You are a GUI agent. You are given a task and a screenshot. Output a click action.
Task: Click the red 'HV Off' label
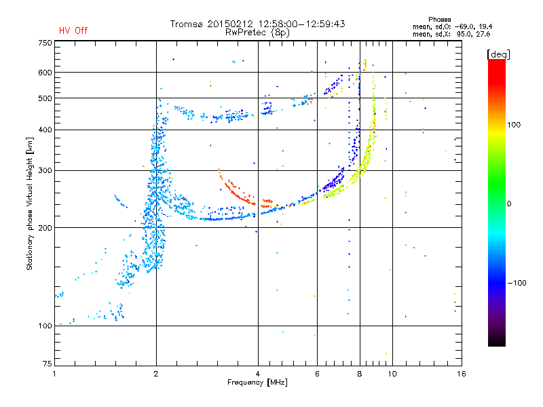click(73, 31)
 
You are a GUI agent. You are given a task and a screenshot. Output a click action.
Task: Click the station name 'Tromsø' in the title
click(187, 24)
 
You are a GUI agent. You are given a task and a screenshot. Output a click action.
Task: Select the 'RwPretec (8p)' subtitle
click(257, 33)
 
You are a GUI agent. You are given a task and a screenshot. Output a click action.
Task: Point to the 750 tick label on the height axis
click(45, 43)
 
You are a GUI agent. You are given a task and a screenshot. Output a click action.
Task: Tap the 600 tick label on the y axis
click(45, 73)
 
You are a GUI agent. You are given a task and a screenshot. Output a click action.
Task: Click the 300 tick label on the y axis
click(45, 170)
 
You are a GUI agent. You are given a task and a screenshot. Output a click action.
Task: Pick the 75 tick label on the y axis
click(48, 364)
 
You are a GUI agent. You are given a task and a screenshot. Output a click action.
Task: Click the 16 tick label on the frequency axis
click(462, 374)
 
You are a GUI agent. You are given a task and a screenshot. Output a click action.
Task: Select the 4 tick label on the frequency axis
click(258, 374)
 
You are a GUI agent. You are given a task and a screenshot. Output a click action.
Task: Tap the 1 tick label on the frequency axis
click(54, 374)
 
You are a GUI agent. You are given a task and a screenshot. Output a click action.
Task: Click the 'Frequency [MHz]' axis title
click(257, 383)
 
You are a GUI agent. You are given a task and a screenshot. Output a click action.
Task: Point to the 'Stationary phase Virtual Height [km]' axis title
click(30, 204)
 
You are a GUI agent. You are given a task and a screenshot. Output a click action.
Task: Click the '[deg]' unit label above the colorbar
click(498, 54)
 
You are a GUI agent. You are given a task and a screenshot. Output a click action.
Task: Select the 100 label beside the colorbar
click(514, 125)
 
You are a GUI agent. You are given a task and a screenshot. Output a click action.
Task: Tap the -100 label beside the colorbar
click(517, 283)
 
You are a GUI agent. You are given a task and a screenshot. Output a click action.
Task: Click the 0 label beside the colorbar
click(509, 203)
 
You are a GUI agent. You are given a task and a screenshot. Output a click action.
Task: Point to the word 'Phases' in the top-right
click(439, 20)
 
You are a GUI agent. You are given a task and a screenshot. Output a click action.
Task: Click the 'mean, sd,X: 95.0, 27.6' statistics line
click(451, 34)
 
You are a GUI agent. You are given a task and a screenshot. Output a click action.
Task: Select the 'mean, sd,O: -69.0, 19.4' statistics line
click(452, 26)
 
